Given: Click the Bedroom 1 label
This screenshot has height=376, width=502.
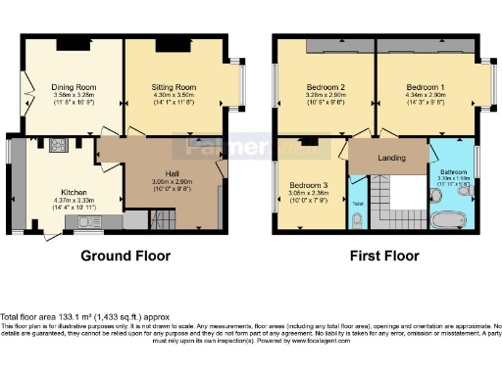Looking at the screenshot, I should coord(427,86).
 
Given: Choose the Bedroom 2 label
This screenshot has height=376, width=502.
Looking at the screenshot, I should coord(322,86).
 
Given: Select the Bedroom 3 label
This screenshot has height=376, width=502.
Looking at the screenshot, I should coord(309,184).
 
